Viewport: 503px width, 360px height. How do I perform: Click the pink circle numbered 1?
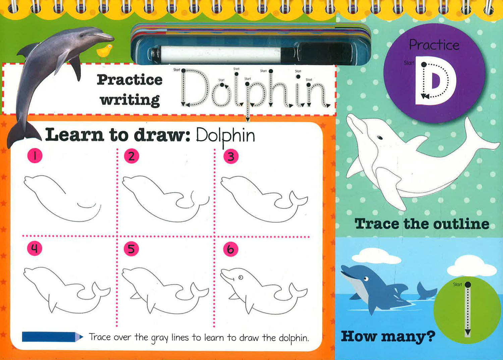point(35,155)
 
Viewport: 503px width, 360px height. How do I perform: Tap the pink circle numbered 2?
point(131,156)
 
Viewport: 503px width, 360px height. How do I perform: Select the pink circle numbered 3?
point(231,156)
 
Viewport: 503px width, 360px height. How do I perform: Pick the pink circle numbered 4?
point(35,248)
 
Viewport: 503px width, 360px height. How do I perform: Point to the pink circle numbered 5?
point(131,249)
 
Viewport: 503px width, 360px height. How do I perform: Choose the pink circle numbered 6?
point(231,249)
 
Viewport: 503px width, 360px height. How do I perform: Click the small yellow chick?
point(105,51)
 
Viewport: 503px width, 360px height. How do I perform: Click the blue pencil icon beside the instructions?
point(53,337)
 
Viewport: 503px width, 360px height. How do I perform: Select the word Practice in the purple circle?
point(434,45)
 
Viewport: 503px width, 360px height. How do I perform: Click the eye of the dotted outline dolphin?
point(380,138)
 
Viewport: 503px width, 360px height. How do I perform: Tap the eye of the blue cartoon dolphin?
point(366,279)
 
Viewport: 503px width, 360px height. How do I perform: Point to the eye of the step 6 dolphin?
point(241,277)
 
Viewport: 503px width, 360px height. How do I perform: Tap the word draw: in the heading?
point(162,135)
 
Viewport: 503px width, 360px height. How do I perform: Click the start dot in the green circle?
point(468,285)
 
